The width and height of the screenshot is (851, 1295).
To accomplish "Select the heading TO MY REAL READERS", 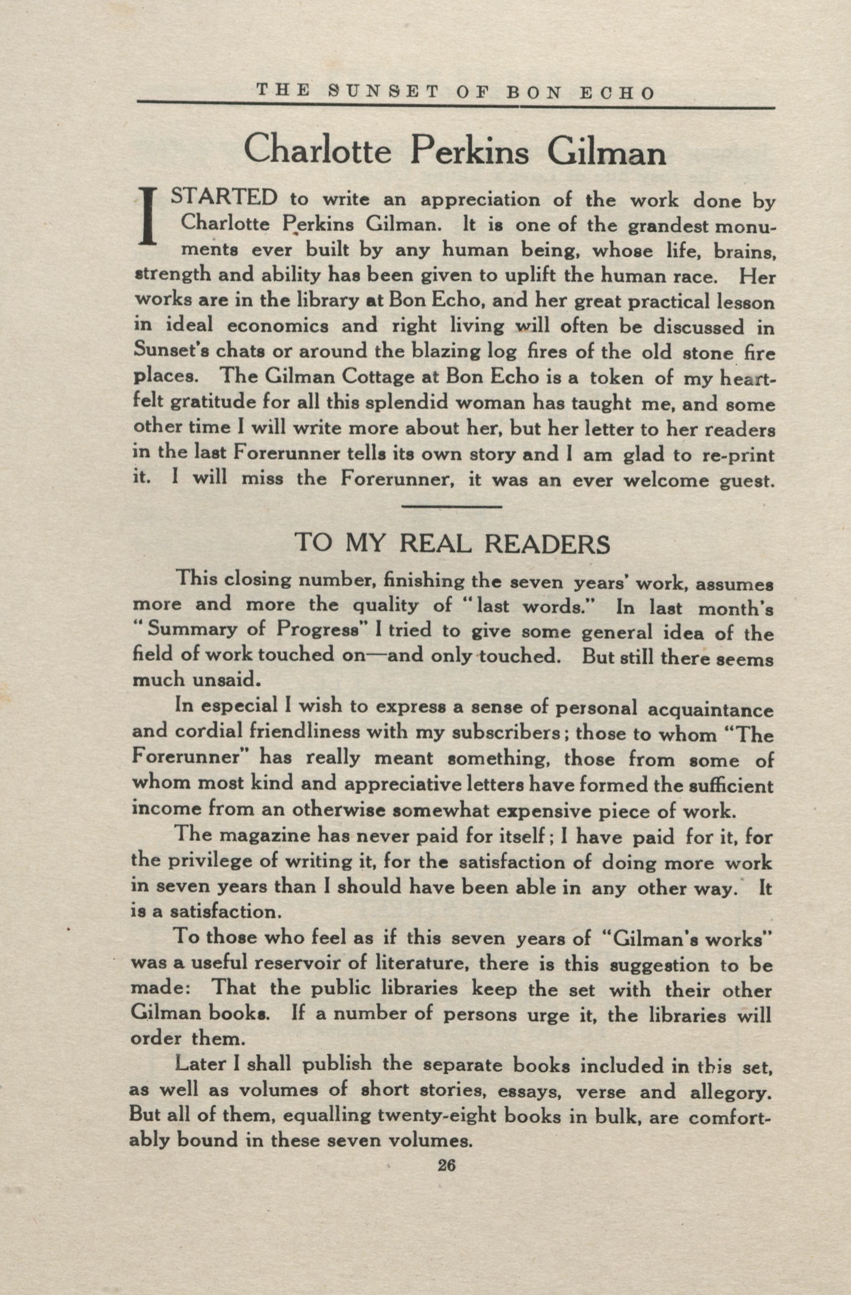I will coord(452,543).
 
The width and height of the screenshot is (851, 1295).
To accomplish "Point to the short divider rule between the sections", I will coord(451,507).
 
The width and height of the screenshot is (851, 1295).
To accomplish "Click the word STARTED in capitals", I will coord(225,197).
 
